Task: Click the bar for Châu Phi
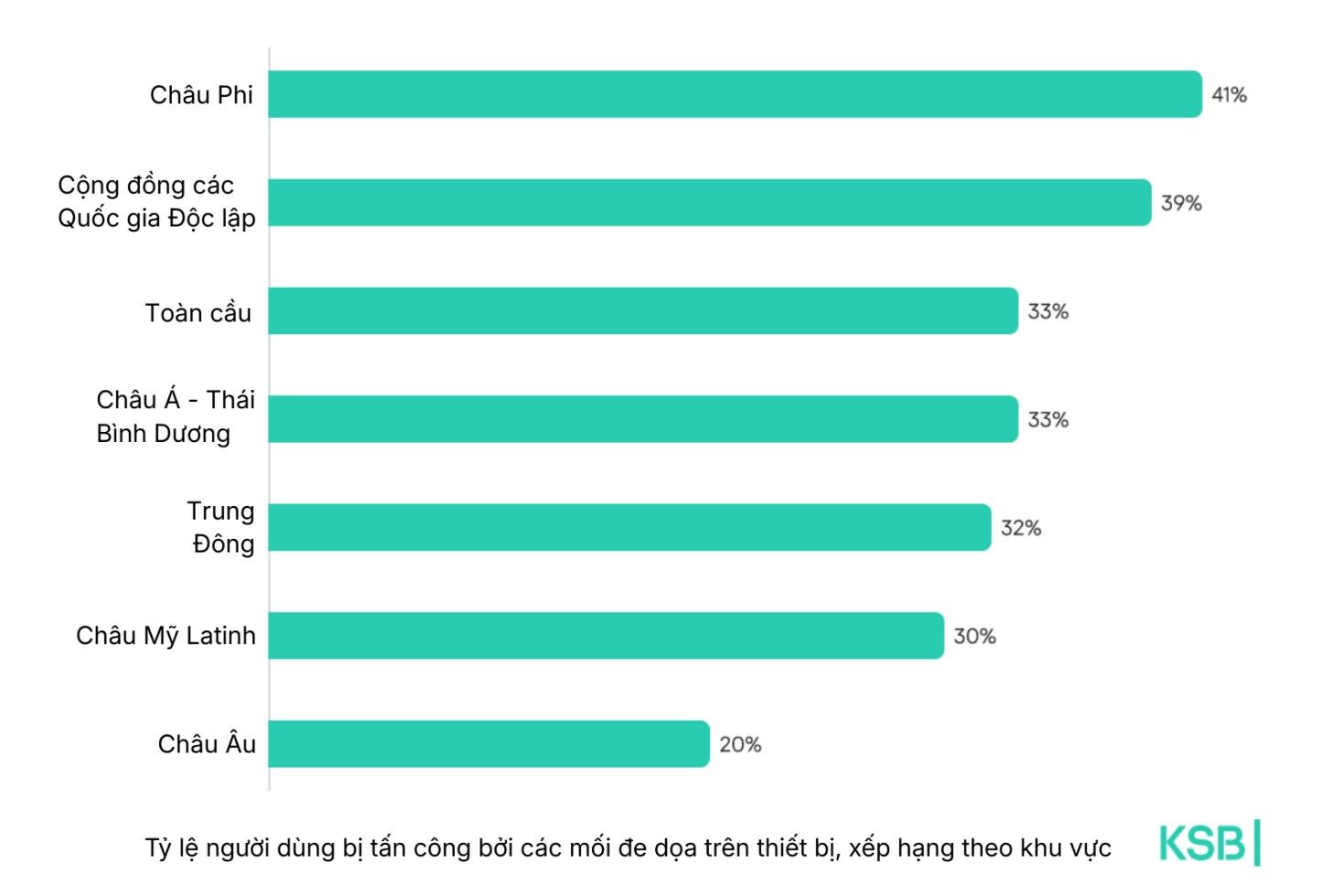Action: click(735, 94)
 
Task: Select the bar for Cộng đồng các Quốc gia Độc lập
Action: click(709, 202)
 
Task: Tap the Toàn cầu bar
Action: click(642, 311)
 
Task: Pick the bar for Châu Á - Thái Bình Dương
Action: click(642, 419)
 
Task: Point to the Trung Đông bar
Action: click(629, 527)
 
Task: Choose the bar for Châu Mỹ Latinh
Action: click(606, 636)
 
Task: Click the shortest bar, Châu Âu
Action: click(489, 744)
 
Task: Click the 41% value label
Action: click(1229, 95)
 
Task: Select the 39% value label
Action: click(1181, 203)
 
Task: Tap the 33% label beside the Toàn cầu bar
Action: click(1048, 312)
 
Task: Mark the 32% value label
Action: click(1020, 528)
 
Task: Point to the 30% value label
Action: click(974, 637)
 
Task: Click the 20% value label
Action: click(740, 745)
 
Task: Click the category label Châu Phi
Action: click(201, 95)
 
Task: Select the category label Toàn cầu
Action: click(198, 313)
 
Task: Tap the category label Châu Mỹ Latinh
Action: click(166, 636)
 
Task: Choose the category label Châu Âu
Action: click(207, 744)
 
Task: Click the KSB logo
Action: click(1209, 843)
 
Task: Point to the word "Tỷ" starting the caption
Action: click(157, 848)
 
